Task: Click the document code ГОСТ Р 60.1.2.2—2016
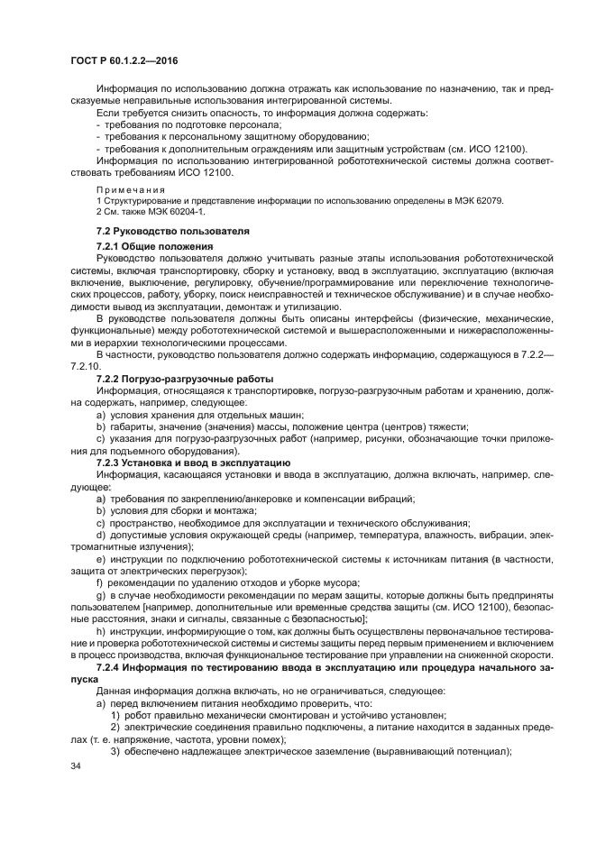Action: click(123, 60)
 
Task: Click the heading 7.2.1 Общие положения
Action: click(154, 245)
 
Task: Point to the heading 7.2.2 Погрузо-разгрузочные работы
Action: click(185, 378)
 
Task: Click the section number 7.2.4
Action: click(113, 664)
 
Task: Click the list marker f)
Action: click(99, 583)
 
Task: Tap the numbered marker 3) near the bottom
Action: click(116, 751)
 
